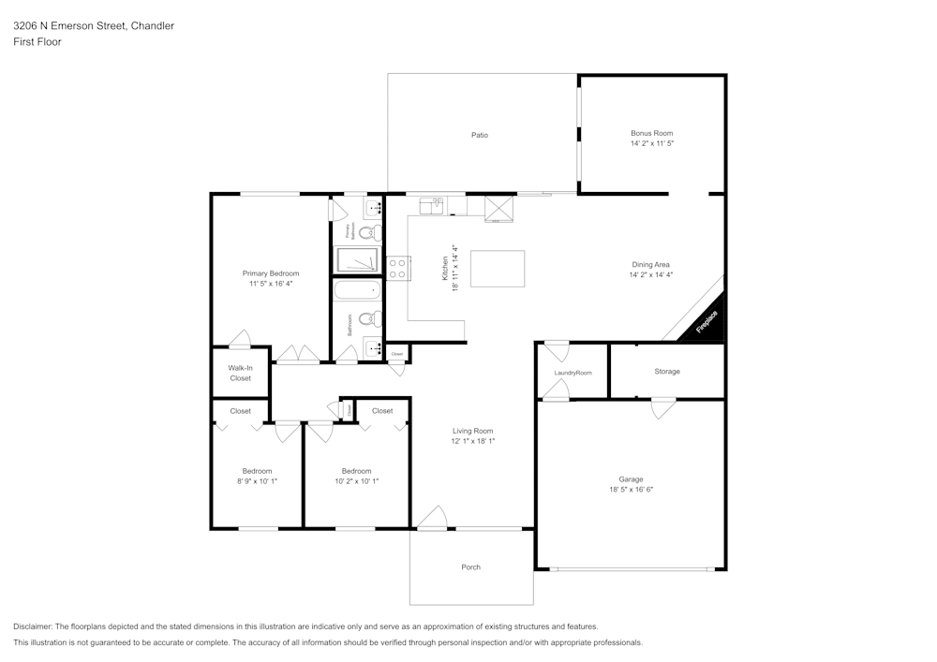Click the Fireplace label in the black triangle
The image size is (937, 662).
tap(706, 321)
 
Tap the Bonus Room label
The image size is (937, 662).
tap(651, 134)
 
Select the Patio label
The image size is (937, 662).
tap(479, 136)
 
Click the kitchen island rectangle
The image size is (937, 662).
tap(497, 269)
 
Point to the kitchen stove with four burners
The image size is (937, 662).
tap(398, 269)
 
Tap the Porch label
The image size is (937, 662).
tap(470, 567)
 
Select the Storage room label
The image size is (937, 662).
tap(666, 372)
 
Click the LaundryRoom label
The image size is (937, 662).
tap(573, 373)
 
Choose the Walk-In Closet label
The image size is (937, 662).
tap(240, 373)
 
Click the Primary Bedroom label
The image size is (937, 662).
tap(271, 273)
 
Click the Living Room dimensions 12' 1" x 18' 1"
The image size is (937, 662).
tap(472, 441)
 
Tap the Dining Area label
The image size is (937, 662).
tap(650, 265)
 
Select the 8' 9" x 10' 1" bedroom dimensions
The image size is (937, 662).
tap(257, 481)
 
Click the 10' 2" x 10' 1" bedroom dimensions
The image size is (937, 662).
tap(356, 481)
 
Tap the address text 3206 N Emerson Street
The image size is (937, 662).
tap(76, 26)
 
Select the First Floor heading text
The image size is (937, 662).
tap(37, 42)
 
